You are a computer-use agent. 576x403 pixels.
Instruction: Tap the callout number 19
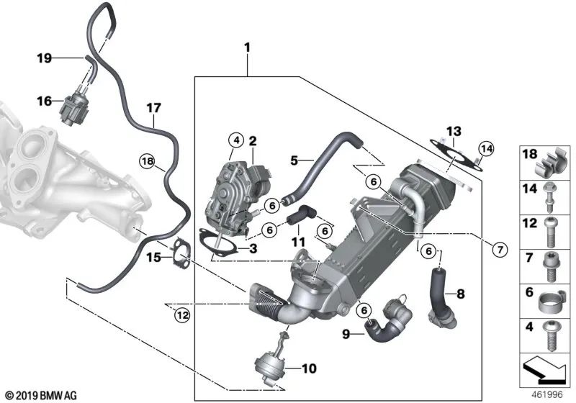coord(44,58)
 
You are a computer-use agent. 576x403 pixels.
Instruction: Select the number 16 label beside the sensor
coord(44,102)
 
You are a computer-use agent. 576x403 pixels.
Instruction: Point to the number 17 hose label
coord(153,108)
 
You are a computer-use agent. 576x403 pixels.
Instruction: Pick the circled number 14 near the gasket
coord(487,149)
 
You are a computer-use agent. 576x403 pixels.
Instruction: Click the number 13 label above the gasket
coord(452,131)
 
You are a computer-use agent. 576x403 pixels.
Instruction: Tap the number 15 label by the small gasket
coord(153,257)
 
